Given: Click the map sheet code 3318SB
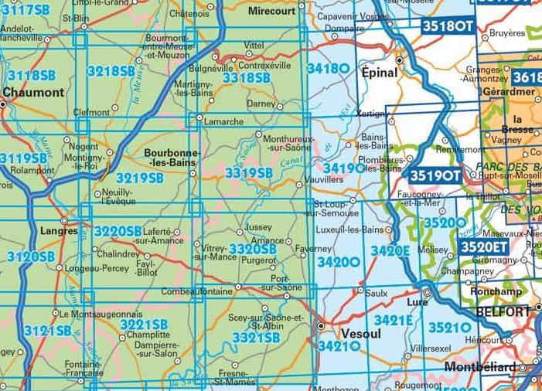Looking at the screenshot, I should tap(246, 77).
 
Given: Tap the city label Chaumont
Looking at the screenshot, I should tap(33, 92).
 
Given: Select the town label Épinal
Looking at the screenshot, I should tap(379, 73).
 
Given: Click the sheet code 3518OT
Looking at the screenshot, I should tap(447, 26).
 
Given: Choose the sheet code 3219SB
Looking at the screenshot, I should tap(140, 178).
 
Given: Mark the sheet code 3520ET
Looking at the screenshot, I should tap(484, 246).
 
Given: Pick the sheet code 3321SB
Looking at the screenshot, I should tap(256, 338).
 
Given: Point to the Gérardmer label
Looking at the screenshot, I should tap(509, 91).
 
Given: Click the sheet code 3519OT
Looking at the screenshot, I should tap(435, 175).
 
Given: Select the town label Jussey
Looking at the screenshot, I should tap(258, 228).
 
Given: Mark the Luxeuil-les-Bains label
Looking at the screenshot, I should tap(350, 229).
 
